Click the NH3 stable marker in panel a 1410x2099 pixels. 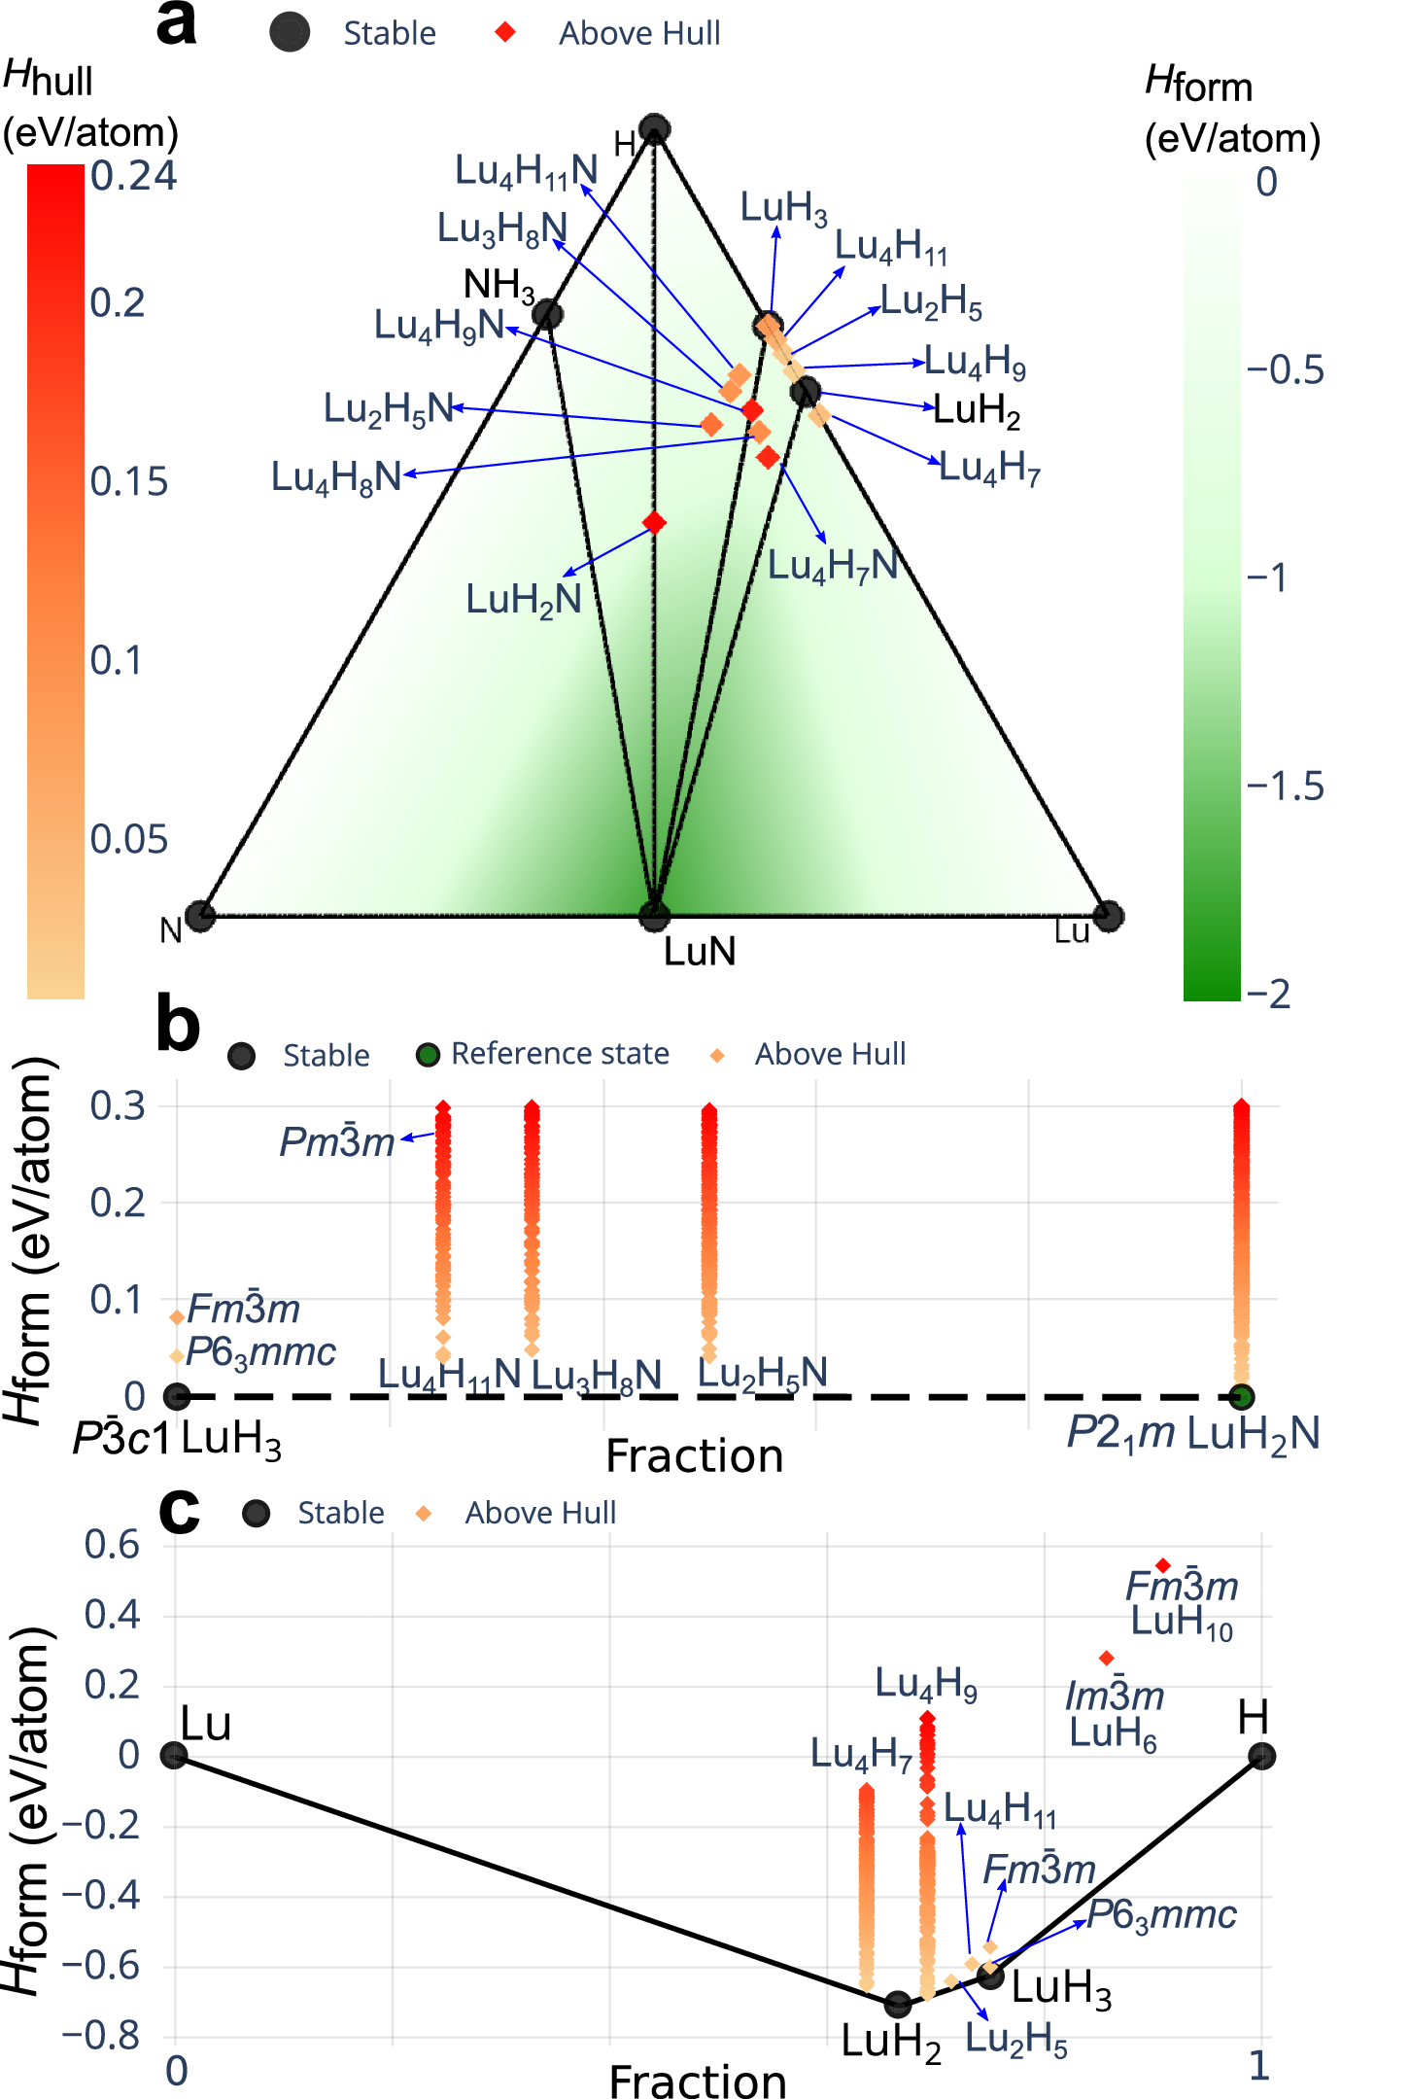(548, 314)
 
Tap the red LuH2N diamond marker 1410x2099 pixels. (655, 523)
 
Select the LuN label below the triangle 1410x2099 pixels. (700, 951)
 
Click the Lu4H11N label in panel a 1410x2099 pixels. (526, 171)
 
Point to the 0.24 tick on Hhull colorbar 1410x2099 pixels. (134, 176)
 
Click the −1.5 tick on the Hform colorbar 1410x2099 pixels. (1286, 787)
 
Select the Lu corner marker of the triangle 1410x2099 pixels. (1108, 916)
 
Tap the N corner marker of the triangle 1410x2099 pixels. (201, 916)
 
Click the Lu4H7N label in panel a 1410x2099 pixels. (833, 566)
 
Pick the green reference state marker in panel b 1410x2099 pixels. (1241, 1397)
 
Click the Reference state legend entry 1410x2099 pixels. (560, 1054)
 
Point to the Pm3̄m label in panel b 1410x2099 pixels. (337, 1141)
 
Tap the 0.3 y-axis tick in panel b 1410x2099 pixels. (118, 1106)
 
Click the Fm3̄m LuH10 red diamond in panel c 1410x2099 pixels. (1163, 1565)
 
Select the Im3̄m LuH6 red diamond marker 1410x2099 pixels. (1106, 1658)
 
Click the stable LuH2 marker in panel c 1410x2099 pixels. (898, 2004)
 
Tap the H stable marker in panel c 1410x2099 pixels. (1261, 1756)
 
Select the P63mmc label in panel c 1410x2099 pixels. (1161, 1914)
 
